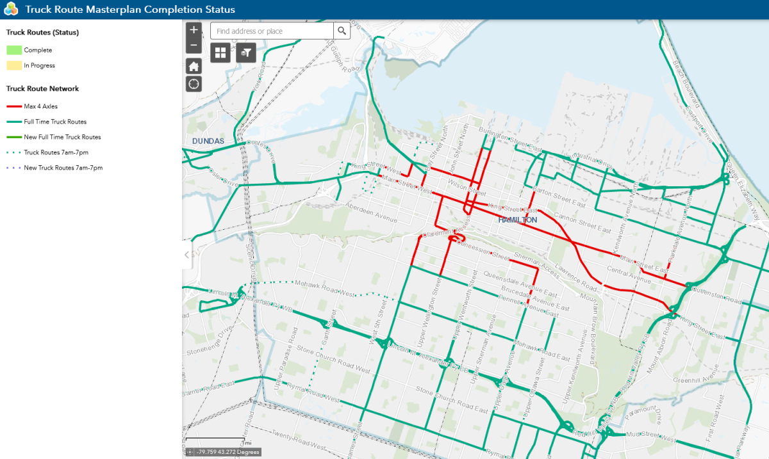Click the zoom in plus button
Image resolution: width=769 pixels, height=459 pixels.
click(x=194, y=30)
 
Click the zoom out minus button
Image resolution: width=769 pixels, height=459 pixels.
click(x=194, y=45)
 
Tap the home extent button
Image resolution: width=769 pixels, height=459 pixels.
click(x=194, y=66)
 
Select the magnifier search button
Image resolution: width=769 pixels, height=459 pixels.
click(x=342, y=31)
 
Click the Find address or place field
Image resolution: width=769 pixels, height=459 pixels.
click(x=272, y=31)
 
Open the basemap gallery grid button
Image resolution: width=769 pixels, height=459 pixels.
click(x=220, y=52)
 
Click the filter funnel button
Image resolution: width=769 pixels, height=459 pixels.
click(x=246, y=52)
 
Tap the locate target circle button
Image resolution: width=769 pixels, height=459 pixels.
click(x=194, y=83)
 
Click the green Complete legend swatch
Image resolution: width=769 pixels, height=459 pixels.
click(x=14, y=50)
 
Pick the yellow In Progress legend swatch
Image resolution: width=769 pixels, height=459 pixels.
click(x=14, y=65)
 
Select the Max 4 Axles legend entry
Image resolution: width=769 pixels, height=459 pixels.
click(x=40, y=106)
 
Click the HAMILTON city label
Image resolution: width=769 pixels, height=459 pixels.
click(x=518, y=220)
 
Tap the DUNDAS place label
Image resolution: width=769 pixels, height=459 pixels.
click(x=208, y=140)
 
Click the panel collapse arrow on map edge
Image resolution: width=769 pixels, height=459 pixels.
click(x=187, y=255)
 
